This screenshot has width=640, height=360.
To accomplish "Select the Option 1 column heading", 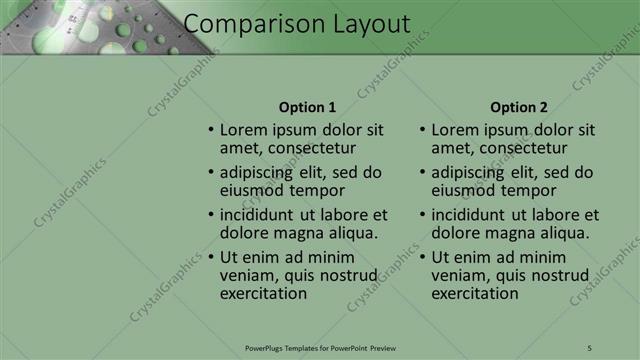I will click(307, 107).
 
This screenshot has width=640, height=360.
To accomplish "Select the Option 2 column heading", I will click(519, 107).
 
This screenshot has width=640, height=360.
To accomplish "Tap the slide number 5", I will click(590, 347).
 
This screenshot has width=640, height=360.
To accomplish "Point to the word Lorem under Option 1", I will click(242, 130).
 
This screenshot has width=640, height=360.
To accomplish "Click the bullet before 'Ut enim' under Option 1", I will click(211, 257).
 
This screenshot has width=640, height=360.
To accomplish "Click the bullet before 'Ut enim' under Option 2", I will click(423, 257).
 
